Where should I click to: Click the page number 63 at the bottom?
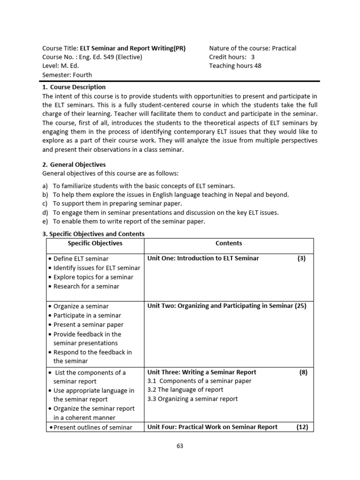pos(180,446)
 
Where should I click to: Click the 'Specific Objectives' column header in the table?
pos(95,243)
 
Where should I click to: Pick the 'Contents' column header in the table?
pos(229,243)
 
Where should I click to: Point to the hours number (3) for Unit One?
pos(301,258)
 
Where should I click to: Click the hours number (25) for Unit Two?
pos(300,306)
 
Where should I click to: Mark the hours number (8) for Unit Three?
pos(303,372)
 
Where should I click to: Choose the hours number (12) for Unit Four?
pos(302,427)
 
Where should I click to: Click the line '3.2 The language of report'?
pos(185,390)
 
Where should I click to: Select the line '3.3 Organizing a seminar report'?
pos(192,399)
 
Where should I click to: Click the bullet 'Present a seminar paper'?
pos(88,325)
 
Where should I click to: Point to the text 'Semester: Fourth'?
pos(67,75)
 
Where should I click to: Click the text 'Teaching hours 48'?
pos(235,66)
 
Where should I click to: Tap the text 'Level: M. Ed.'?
pos(61,66)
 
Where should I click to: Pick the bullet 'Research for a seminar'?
pos(86,286)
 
